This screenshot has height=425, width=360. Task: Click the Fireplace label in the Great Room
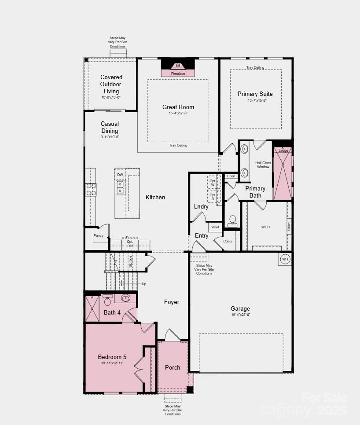click(178, 73)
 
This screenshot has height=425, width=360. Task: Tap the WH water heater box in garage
click(285, 259)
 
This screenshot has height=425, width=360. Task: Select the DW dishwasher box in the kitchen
click(120, 175)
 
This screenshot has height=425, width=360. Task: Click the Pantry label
click(99, 235)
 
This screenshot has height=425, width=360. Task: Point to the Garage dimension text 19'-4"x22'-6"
click(240, 315)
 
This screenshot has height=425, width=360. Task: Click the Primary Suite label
click(255, 94)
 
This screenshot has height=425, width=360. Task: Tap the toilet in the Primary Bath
click(233, 220)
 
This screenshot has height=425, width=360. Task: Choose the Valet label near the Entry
click(215, 227)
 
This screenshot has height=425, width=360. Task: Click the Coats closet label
click(228, 241)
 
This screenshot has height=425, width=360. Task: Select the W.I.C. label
click(266, 227)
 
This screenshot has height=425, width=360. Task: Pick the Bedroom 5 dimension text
click(112, 363)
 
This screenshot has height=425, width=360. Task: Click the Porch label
click(173, 367)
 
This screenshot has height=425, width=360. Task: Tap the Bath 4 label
click(112, 312)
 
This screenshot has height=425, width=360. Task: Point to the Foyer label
click(172, 302)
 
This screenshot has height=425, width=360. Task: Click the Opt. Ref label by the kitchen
click(130, 244)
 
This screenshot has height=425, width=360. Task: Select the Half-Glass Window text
click(263, 165)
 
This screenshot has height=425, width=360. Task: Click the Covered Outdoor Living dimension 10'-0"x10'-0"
click(111, 97)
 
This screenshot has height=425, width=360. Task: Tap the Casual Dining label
click(110, 127)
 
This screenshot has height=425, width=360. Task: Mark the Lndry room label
click(201, 206)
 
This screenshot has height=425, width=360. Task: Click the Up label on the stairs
click(144, 284)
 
